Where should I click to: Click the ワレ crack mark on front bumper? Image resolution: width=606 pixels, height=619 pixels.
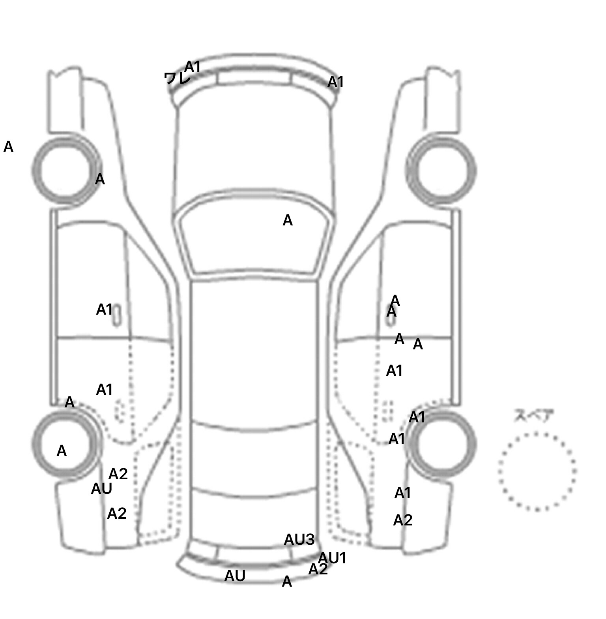(x=176, y=78)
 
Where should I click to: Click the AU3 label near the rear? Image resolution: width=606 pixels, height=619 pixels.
(x=299, y=539)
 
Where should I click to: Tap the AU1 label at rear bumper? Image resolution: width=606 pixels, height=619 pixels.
(x=332, y=558)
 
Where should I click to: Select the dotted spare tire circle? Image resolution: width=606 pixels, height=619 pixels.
(x=537, y=471)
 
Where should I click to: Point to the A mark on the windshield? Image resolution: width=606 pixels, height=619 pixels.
(x=288, y=220)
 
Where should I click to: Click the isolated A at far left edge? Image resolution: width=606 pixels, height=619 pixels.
(x=8, y=147)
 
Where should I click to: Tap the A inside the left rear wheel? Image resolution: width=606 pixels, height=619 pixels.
(x=62, y=451)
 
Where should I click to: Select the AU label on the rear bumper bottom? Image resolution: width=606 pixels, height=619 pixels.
(x=235, y=576)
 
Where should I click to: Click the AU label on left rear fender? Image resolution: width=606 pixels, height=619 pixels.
(x=101, y=489)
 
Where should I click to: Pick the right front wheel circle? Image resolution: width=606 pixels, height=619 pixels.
(x=441, y=171)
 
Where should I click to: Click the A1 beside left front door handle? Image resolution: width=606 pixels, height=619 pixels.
(x=104, y=309)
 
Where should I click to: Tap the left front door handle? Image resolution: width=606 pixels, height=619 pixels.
(x=117, y=315)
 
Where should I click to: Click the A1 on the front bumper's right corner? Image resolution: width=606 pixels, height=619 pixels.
(x=335, y=82)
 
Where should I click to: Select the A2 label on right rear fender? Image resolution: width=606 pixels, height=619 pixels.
(x=403, y=520)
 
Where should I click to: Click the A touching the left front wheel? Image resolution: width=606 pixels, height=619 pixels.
(x=100, y=179)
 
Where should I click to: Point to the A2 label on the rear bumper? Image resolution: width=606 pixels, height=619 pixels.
(x=318, y=570)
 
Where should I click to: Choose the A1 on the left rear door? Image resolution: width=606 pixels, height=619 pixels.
(x=104, y=390)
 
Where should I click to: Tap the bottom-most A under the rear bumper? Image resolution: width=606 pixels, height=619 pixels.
(x=287, y=581)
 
